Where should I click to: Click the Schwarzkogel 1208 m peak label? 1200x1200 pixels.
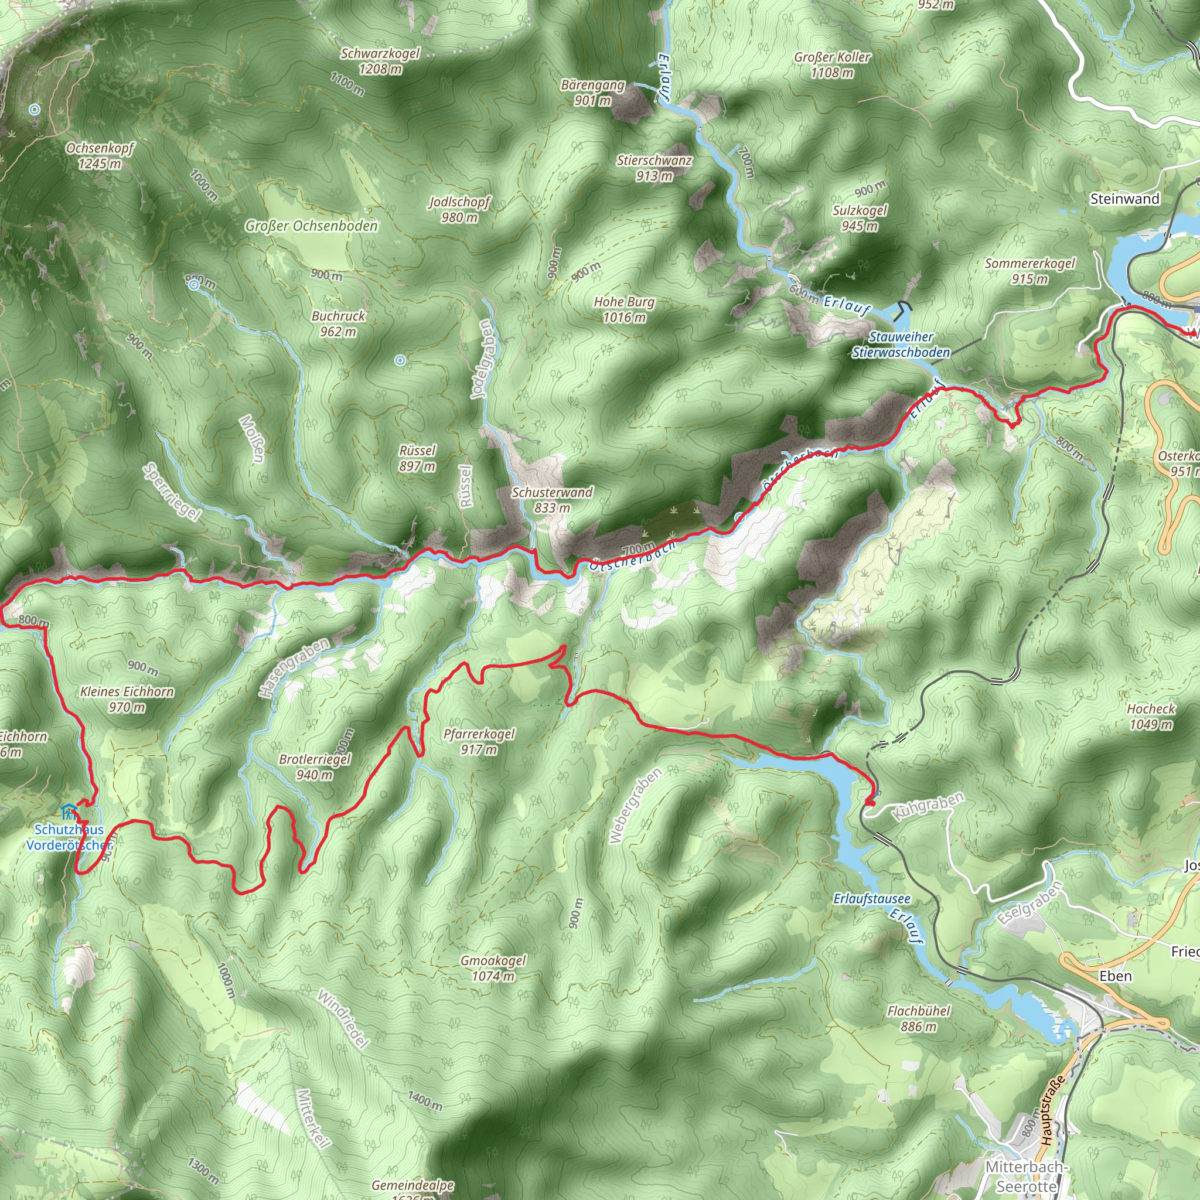point(380,61)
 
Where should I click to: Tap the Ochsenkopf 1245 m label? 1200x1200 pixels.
point(100,156)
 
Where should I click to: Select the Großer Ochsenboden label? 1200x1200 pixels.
point(311,226)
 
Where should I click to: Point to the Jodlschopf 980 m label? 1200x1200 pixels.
point(459,209)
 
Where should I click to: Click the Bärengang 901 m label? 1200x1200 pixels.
point(592,92)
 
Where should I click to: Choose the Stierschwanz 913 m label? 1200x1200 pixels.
point(654,168)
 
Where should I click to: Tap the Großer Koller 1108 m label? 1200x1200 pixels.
point(832,64)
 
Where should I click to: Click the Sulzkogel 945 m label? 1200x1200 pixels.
point(860,218)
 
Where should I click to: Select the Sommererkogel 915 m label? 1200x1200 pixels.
point(1030,271)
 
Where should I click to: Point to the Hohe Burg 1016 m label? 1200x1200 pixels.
point(624,309)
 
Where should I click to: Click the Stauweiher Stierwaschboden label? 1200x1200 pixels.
point(901,345)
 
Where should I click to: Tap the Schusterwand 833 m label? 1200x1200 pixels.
point(552,500)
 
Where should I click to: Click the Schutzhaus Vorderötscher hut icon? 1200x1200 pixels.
point(69,811)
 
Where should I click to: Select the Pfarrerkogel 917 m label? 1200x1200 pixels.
point(479,742)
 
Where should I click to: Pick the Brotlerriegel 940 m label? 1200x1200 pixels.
point(315,766)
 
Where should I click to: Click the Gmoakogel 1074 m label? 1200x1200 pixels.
point(493,968)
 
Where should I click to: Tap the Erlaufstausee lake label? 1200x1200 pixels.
point(872,899)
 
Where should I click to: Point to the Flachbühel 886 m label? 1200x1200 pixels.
point(919,1018)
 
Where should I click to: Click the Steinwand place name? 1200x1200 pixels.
point(1125,199)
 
